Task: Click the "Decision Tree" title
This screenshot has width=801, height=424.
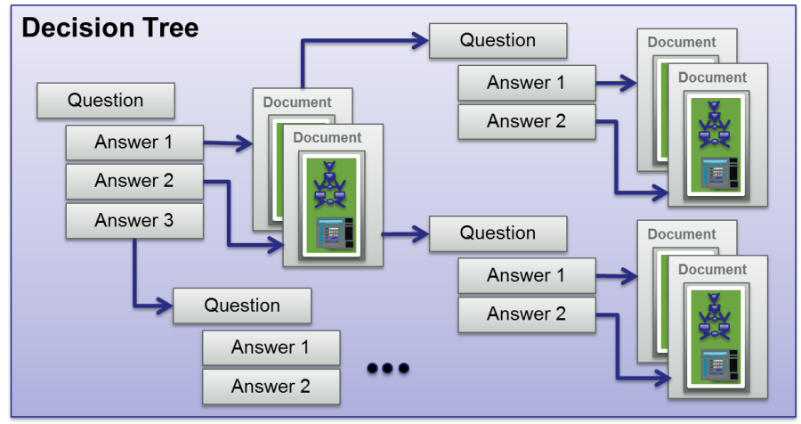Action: coord(109,28)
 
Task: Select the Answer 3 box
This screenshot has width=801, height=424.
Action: coord(134,220)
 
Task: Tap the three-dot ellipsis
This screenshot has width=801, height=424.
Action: coord(388,368)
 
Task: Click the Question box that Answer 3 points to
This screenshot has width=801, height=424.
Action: coord(242,306)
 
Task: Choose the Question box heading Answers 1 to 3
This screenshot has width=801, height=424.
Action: coord(105,101)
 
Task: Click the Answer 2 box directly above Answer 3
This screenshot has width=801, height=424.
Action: coord(134,181)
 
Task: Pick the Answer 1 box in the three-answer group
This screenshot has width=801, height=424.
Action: coord(134,142)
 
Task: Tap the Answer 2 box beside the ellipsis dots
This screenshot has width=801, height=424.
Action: coord(271,386)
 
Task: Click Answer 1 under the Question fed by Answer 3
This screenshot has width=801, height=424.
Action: coord(271,347)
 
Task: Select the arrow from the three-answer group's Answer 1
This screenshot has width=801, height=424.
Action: coord(228,142)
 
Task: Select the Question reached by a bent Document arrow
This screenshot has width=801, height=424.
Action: coord(498,40)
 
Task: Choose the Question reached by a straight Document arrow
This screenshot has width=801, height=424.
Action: coord(498,233)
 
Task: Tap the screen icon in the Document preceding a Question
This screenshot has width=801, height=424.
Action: coord(331,232)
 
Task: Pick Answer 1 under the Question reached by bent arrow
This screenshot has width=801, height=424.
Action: coord(526,83)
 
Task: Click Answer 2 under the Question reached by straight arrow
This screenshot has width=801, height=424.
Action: coord(526,314)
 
